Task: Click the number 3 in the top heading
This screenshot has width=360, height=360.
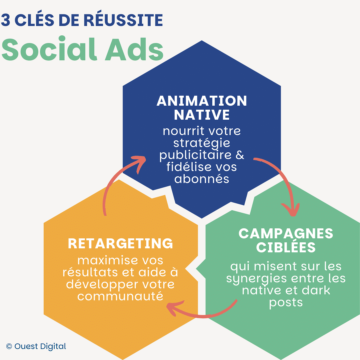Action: (x=6, y=20)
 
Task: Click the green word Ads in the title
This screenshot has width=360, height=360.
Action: (x=134, y=49)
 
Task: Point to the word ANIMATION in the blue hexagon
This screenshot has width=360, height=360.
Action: (x=202, y=101)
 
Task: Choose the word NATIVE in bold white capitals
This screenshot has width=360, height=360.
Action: (x=202, y=115)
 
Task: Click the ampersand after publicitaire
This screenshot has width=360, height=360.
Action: (x=240, y=155)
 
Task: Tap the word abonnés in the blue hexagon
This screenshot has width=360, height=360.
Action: (x=202, y=179)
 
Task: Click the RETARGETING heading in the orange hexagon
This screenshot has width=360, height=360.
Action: (x=120, y=244)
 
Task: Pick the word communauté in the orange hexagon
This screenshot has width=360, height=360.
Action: (x=120, y=296)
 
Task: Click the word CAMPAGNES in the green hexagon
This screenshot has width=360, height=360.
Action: (x=286, y=234)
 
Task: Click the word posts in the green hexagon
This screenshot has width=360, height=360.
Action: (x=286, y=303)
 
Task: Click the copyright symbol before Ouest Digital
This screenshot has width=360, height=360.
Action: (x=9, y=346)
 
